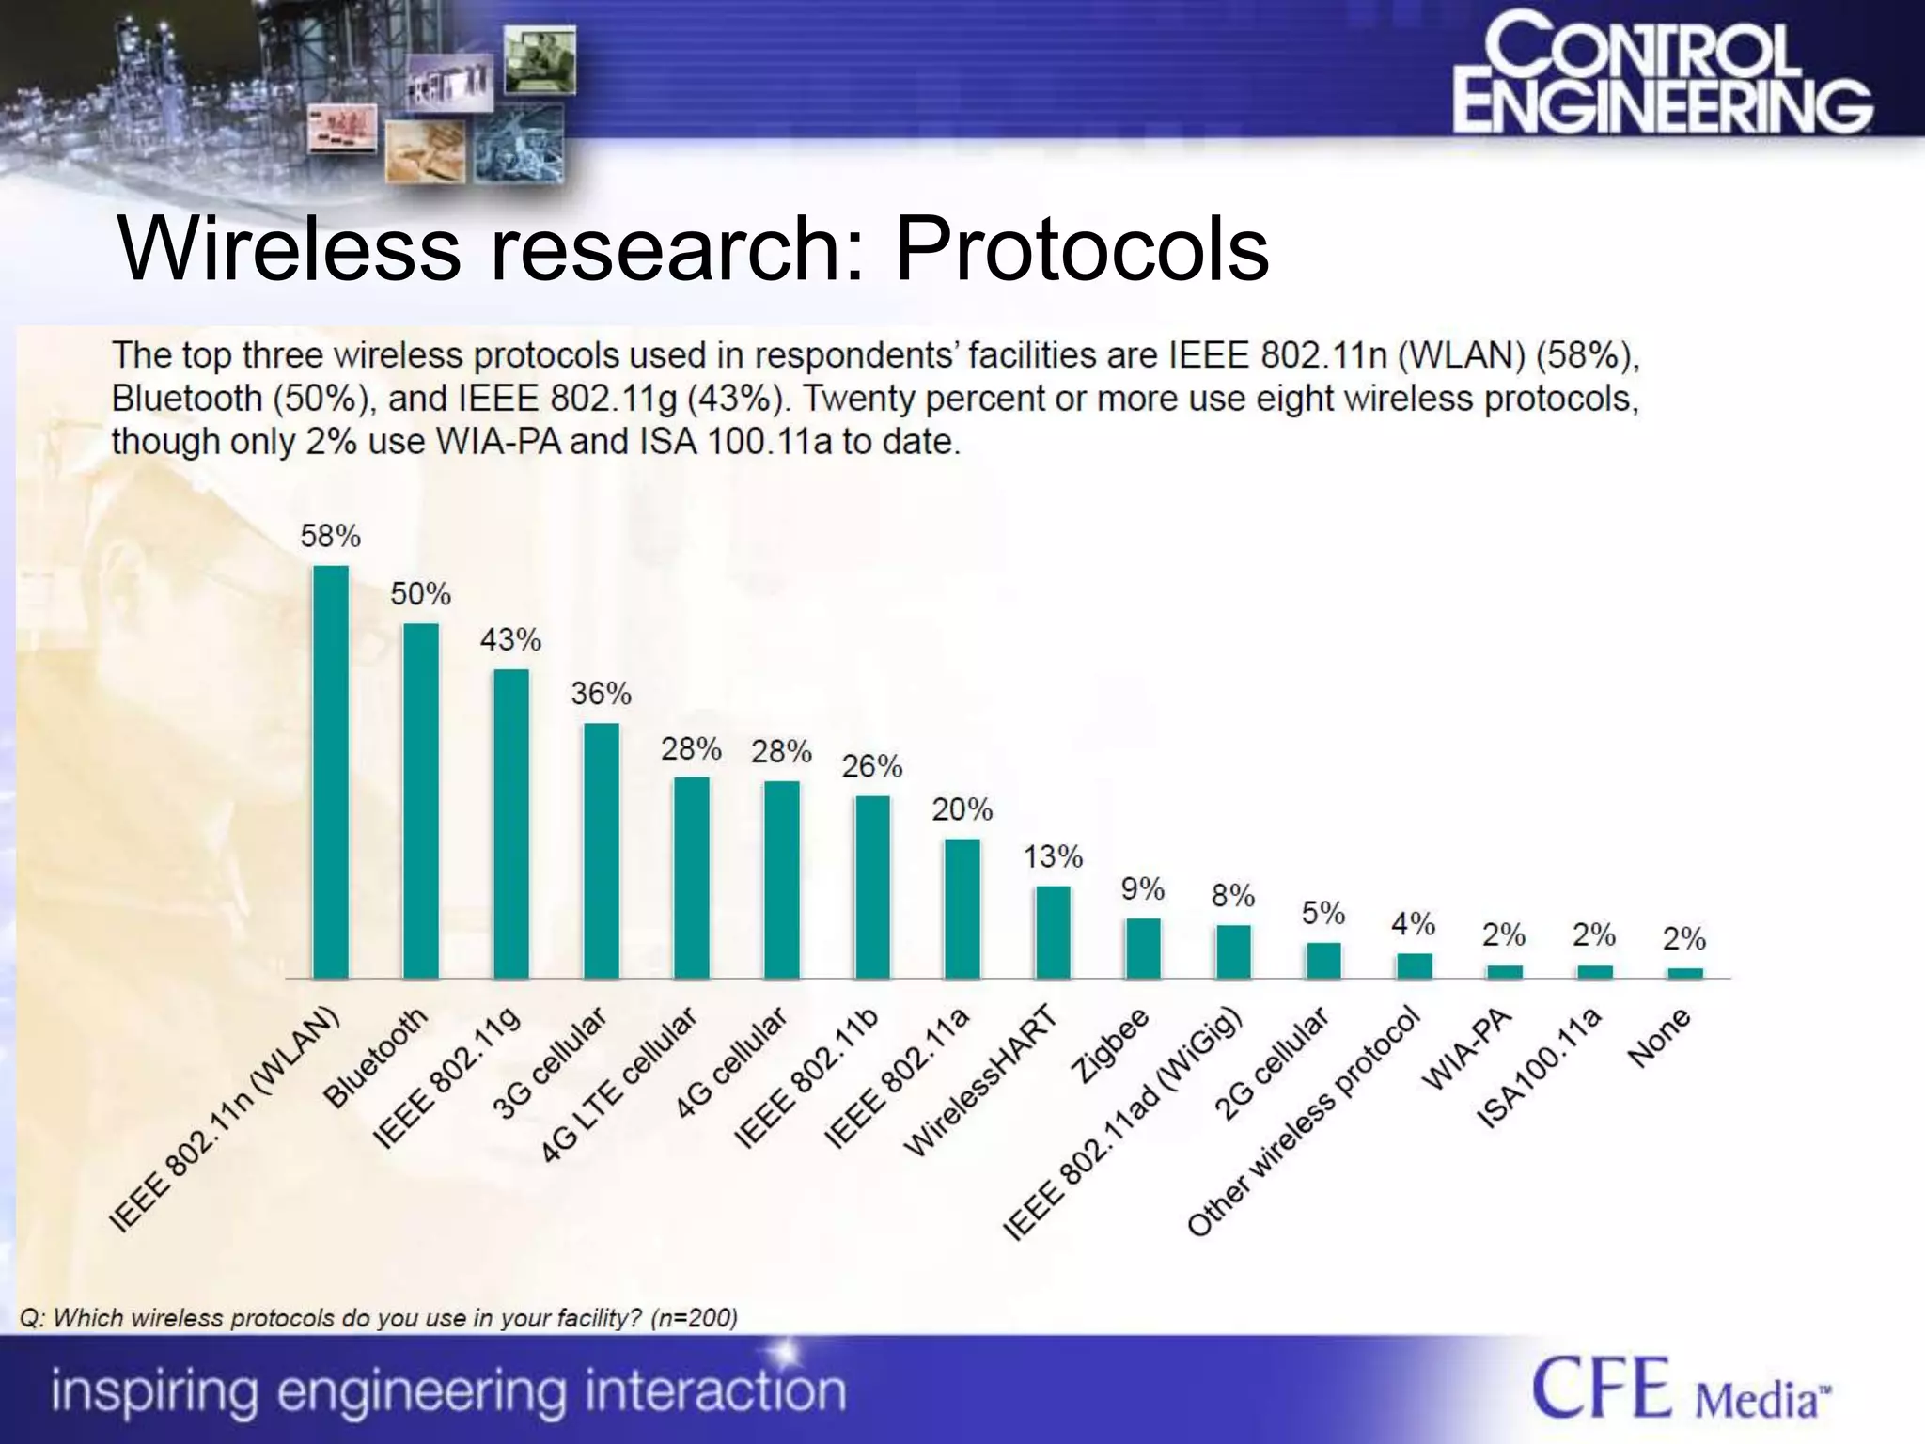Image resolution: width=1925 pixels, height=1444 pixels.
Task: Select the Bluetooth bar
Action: (x=420, y=801)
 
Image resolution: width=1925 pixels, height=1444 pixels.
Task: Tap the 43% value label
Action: (x=510, y=640)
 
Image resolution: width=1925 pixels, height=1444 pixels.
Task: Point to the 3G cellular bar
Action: (x=601, y=851)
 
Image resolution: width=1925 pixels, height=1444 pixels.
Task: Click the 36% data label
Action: (x=601, y=694)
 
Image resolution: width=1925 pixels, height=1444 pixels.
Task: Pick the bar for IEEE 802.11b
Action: (x=871, y=887)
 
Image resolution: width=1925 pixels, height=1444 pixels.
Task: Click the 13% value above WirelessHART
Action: (x=1053, y=856)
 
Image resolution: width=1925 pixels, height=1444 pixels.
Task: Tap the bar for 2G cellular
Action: (x=1323, y=960)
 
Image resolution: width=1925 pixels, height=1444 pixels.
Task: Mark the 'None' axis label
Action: (x=1660, y=1037)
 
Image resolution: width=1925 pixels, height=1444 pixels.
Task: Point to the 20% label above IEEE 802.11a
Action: (x=962, y=809)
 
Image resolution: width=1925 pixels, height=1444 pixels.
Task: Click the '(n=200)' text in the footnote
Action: (x=694, y=1318)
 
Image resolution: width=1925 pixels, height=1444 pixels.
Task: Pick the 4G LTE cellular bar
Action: (x=691, y=878)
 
